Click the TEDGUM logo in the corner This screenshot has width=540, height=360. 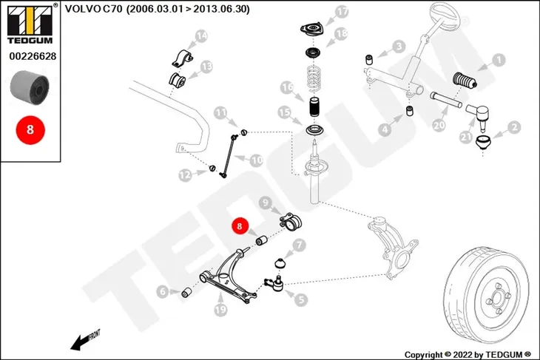(30, 24)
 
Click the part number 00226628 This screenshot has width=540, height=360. (33, 56)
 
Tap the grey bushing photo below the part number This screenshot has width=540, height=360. (30, 88)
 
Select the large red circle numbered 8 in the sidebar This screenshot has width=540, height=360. (30, 129)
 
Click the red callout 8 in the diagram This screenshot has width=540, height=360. (240, 225)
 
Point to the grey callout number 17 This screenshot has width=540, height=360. (342, 12)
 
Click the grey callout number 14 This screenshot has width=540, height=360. (201, 35)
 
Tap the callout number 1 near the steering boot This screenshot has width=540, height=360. (499, 60)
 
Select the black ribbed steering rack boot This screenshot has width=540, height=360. (465, 81)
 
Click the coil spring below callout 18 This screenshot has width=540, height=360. (314, 78)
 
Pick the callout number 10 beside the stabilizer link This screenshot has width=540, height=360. (257, 160)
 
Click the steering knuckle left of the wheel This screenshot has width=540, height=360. (393, 248)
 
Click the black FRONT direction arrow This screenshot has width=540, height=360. (85, 340)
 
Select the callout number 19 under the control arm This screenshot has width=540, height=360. (220, 310)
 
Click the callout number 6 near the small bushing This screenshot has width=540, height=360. (163, 292)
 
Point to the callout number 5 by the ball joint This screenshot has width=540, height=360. (301, 299)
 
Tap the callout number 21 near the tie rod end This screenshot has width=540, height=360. (466, 137)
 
